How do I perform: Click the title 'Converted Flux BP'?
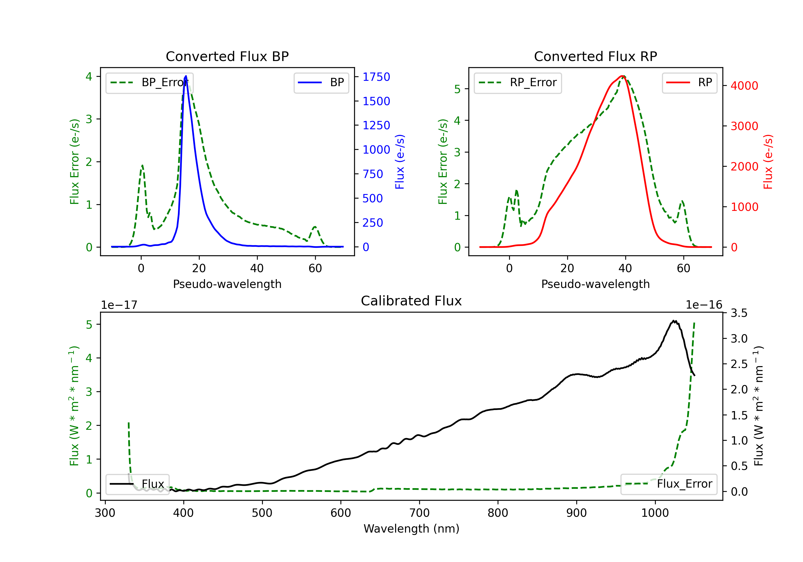point(227,56)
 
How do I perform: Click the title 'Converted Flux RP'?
point(596,56)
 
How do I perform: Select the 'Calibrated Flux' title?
point(411,301)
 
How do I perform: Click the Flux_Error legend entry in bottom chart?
point(669,484)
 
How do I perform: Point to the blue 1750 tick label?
point(376,77)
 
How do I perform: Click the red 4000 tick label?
point(745,86)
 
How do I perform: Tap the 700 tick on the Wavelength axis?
point(419,513)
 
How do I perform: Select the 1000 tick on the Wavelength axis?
point(655,513)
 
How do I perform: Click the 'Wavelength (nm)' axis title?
point(411,529)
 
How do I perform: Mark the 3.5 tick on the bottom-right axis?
point(739,313)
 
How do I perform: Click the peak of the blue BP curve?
point(186,76)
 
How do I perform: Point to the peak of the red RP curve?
point(623,76)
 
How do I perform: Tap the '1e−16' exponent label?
point(704,305)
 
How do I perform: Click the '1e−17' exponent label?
point(119,305)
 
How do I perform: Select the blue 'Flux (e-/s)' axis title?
point(400,162)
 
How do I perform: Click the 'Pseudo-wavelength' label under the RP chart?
point(596,284)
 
